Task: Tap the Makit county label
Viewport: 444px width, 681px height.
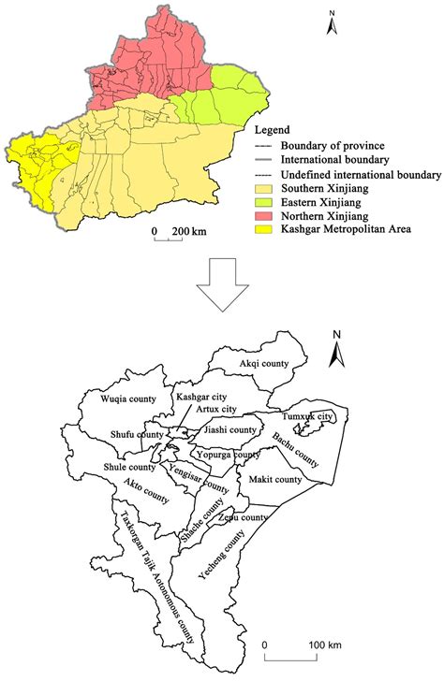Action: point(275,479)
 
